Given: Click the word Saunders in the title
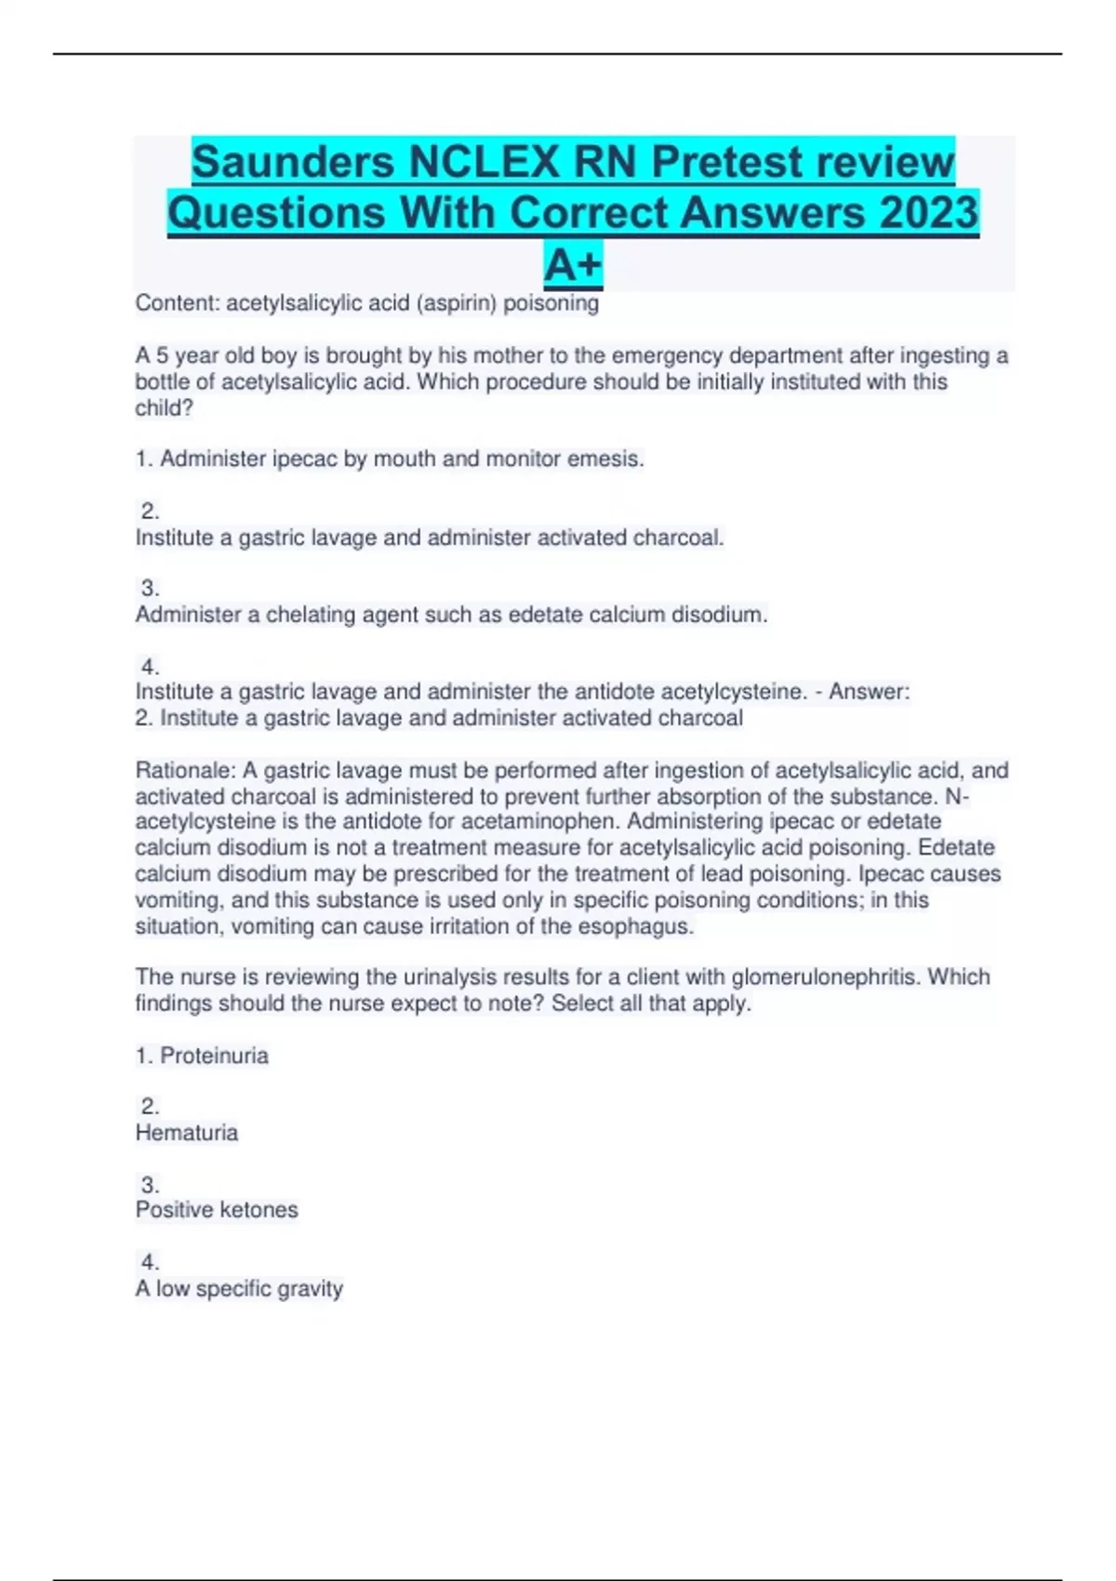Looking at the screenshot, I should click(x=294, y=162).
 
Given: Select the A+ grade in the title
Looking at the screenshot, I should click(x=573, y=264).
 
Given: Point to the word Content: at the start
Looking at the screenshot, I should click(x=177, y=303).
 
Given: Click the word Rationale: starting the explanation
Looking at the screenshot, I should click(x=185, y=770).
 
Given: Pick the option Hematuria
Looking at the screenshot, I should click(x=187, y=1133).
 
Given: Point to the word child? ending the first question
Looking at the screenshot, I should click(x=164, y=408).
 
